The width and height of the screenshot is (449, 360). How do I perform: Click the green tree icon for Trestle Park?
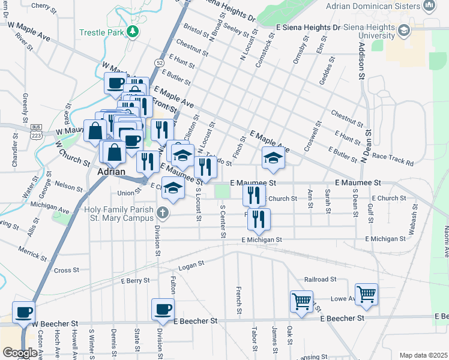pos(136,31)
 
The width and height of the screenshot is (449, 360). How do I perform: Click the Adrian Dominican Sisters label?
pos(380,7)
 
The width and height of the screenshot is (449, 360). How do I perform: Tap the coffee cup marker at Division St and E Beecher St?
pos(163,310)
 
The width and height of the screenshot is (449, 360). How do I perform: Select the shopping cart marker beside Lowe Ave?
pos(366,294)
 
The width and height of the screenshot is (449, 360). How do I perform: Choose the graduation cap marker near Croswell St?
pos(273,158)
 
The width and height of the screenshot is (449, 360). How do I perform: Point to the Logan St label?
pos(192,263)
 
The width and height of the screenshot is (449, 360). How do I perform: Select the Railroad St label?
pos(321,280)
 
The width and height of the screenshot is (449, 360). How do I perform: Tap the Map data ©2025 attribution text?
pos(423,355)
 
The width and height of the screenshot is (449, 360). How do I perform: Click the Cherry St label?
pos(43,6)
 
